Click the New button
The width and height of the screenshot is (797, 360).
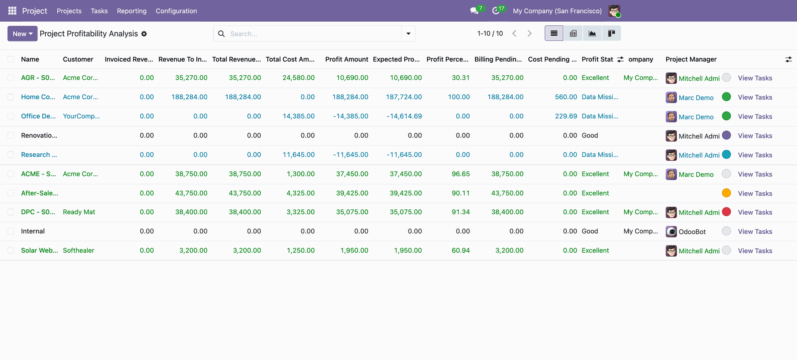tap(22, 34)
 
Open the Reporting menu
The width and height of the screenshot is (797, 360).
tap(132, 11)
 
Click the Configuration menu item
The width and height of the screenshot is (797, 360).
tap(176, 11)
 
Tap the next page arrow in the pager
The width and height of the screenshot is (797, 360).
tap(529, 33)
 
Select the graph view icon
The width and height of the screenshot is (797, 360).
tap(592, 33)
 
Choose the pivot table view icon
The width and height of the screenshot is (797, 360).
tap(573, 33)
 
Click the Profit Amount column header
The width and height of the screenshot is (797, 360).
tap(347, 59)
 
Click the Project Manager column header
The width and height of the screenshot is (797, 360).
tap(691, 59)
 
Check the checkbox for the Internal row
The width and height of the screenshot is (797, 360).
tap(11, 231)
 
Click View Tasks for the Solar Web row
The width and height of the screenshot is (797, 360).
tap(755, 251)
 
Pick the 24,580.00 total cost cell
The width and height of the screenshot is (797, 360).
tap(298, 78)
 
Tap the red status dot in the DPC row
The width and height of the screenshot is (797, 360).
tap(726, 212)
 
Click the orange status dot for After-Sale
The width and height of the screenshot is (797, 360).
tap(726, 193)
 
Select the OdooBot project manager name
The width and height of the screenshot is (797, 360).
tap(692, 232)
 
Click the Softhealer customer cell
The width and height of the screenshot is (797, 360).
tap(78, 250)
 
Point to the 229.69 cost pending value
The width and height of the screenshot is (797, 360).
tap(566, 116)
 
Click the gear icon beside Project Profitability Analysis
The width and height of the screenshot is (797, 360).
tap(144, 34)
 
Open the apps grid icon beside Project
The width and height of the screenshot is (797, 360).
tap(12, 11)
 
